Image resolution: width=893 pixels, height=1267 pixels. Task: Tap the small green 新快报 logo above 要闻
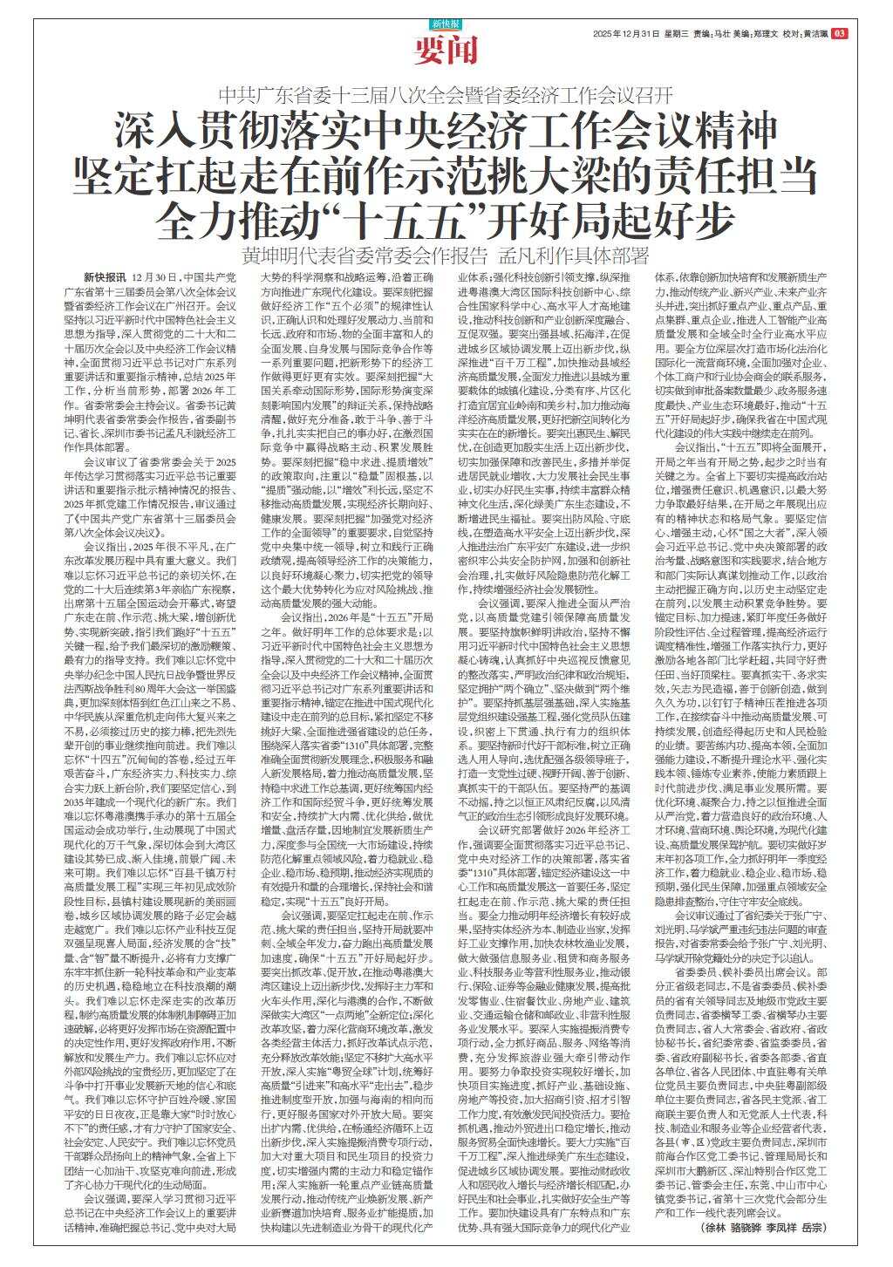tap(446, 24)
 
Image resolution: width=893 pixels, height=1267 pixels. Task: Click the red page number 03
tap(840, 33)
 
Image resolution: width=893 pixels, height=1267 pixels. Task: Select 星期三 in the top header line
tap(677, 33)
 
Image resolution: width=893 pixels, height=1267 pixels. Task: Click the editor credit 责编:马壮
tap(712, 33)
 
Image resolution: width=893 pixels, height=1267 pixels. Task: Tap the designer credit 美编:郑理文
tap(757, 33)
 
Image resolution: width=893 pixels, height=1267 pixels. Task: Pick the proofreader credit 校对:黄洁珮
tap(805, 33)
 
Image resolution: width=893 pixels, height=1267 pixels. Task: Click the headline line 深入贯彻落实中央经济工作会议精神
tap(446, 133)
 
